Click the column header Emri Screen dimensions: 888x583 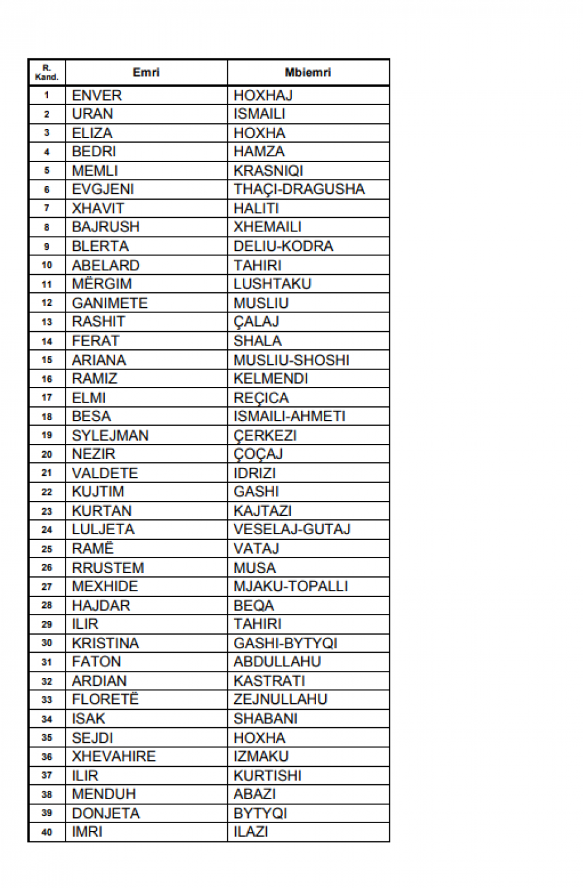146,73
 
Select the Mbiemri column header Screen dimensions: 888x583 308,73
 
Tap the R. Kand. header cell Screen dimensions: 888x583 47,73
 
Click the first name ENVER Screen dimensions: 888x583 97,95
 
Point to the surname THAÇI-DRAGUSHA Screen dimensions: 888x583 299,189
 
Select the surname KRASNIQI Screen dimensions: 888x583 268,170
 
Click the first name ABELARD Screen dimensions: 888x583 106,265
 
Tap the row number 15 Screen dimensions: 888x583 47,360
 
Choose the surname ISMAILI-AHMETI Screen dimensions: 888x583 289,416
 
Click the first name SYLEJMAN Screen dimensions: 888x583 110,436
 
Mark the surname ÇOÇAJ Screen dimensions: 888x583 258,454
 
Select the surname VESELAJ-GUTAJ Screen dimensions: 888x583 291,530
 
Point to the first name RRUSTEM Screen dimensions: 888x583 108,568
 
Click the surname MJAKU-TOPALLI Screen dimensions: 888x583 290,587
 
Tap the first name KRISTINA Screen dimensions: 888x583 105,643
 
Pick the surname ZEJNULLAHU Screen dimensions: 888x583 280,699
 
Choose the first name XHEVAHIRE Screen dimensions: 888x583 113,756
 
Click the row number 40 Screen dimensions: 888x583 47,832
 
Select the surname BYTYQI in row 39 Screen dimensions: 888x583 260,813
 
